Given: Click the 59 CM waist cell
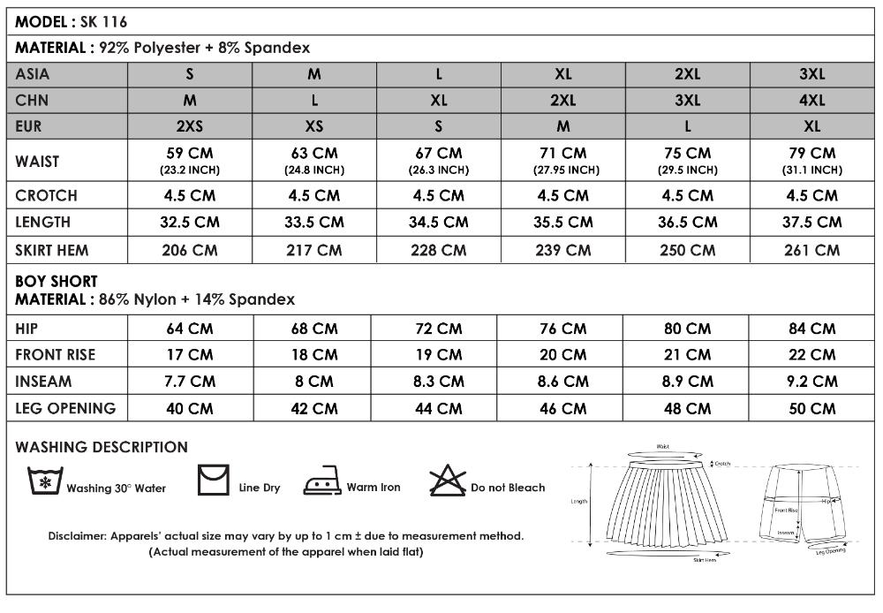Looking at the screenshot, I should pyautogui.click(x=190, y=160).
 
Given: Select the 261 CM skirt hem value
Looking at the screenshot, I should pyautogui.click(x=811, y=250).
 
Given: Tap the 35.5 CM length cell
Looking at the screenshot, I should pyautogui.click(x=562, y=222).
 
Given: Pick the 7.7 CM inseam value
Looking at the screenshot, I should pyautogui.click(x=190, y=382).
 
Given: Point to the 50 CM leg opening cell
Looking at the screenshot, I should pyautogui.click(x=811, y=408).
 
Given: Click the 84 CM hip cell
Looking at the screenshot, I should pyautogui.click(x=811, y=329).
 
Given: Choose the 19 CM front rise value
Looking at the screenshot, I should pyautogui.click(x=438, y=355).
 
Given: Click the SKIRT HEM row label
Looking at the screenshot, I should pyautogui.click(x=52, y=250).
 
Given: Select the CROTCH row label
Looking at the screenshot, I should pyautogui.click(x=47, y=195).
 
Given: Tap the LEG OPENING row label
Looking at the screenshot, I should pyautogui.click(x=65, y=408).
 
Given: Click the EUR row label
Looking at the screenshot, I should pyautogui.click(x=29, y=126).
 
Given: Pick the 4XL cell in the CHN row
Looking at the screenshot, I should pyautogui.click(x=811, y=100).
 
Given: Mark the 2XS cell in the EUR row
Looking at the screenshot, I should pyautogui.click(x=190, y=126).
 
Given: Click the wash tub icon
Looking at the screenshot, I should pyautogui.click(x=45, y=481).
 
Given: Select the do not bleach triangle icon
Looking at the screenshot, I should pyautogui.click(x=447, y=482).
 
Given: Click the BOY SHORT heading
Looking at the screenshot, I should pyautogui.click(x=57, y=282).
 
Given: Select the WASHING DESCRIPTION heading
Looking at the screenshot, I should pyautogui.click(x=102, y=447).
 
